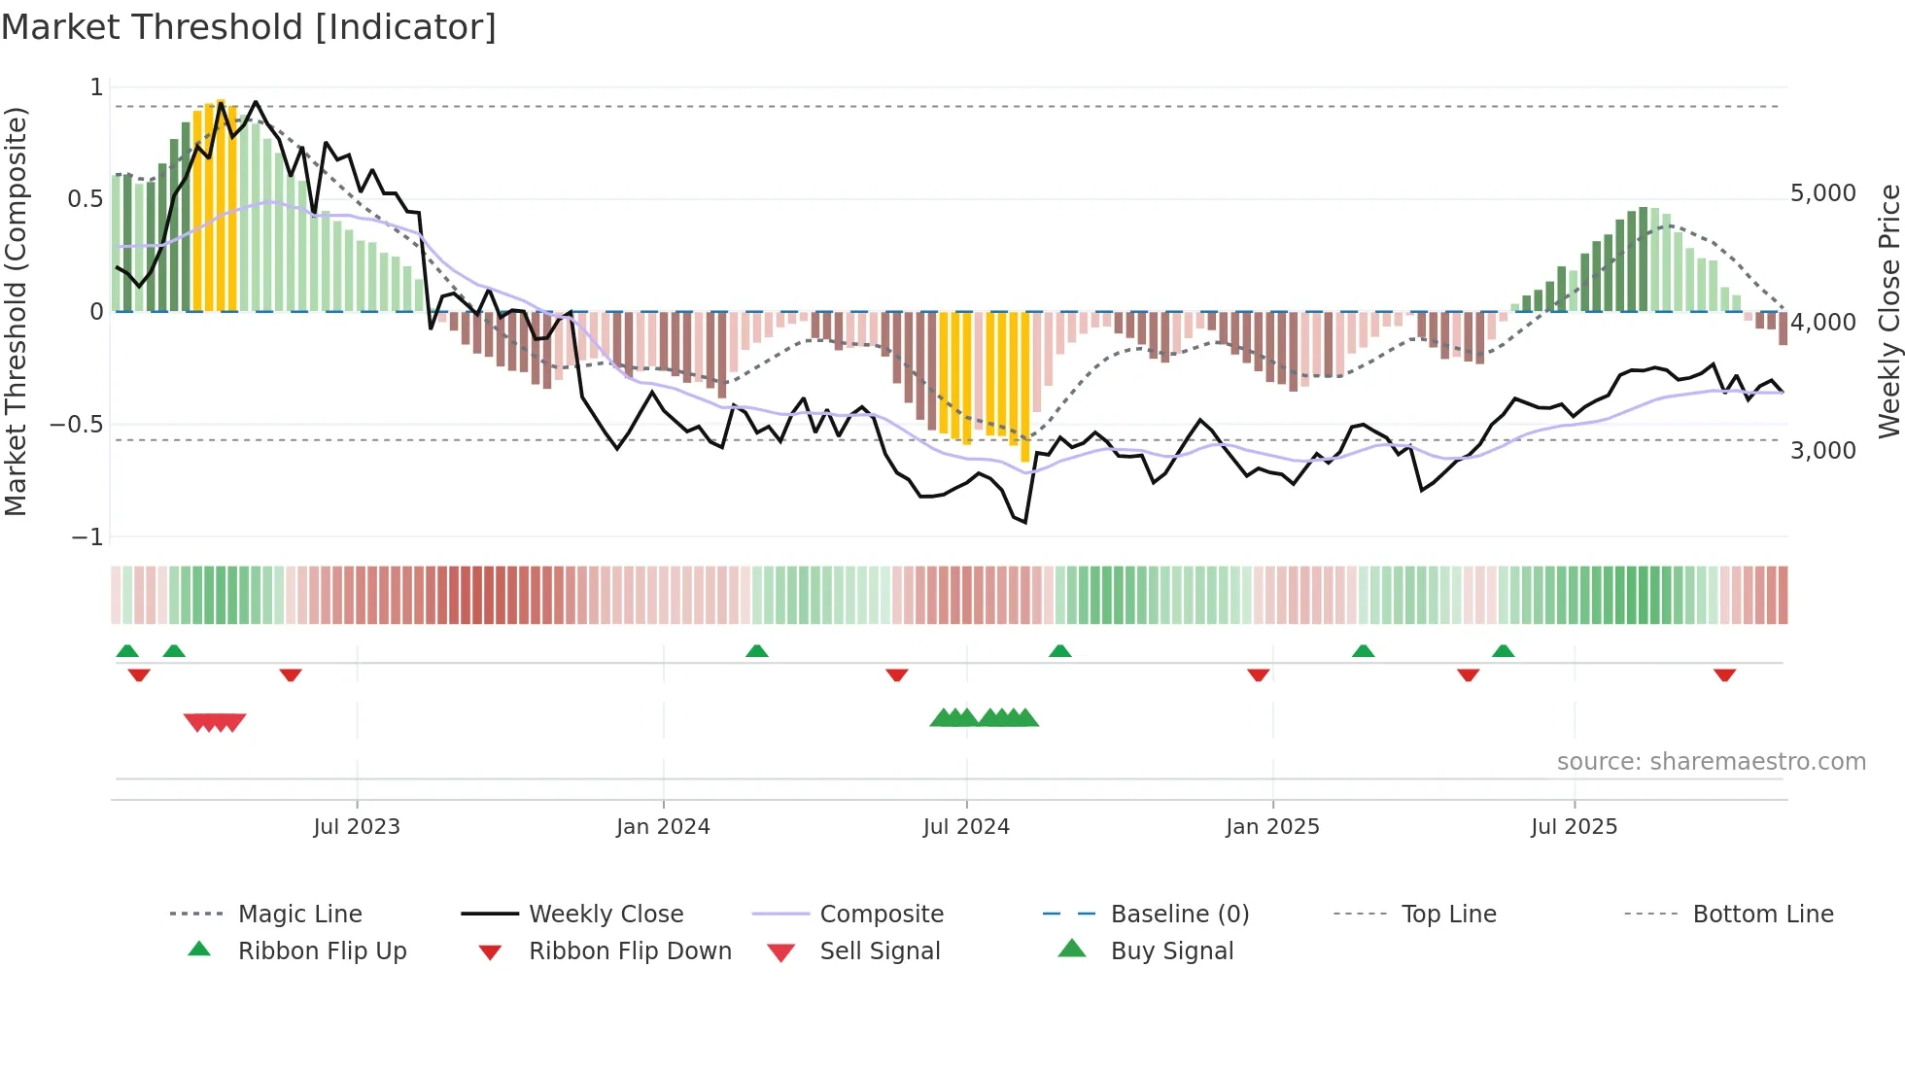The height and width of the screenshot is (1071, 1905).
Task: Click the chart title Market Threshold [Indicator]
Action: (249, 27)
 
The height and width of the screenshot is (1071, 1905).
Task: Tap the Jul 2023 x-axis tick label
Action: (357, 827)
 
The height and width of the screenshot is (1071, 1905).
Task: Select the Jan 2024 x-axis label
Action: (663, 827)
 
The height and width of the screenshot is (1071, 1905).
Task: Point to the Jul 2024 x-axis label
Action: (966, 827)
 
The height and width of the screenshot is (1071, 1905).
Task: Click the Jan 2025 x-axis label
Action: (1272, 827)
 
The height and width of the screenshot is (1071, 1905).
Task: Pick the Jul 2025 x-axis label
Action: (1574, 827)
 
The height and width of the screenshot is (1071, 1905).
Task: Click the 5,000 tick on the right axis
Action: (1823, 193)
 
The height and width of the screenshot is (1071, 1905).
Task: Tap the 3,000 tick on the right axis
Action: (1823, 451)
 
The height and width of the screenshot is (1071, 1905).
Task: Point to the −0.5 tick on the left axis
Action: (77, 425)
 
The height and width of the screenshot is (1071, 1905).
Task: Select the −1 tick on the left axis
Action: (87, 537)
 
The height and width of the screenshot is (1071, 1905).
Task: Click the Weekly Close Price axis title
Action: (1888, 311)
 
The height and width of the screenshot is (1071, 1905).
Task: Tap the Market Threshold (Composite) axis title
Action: (16, 311)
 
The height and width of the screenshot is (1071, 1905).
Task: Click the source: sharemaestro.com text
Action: (1711, 762)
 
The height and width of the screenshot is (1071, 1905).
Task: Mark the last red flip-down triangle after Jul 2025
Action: (1724, 675)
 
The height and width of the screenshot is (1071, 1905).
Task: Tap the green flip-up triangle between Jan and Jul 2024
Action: (757, 651)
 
